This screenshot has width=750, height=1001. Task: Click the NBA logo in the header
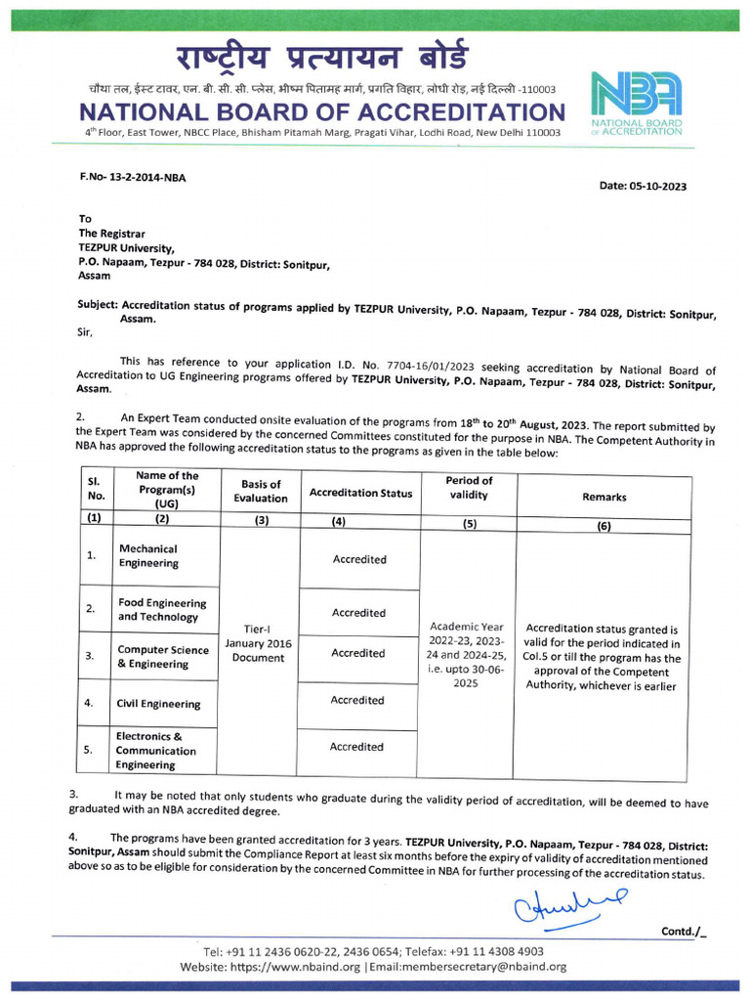(636, 98)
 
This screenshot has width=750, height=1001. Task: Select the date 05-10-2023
(643, 186)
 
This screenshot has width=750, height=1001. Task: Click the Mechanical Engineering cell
(148, 556)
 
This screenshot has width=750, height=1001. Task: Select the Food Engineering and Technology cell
(162, 610)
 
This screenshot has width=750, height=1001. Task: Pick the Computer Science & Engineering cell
(162, 657)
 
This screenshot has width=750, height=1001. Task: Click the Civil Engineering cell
(159, 704)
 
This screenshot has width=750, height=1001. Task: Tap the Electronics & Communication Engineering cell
(156, 751)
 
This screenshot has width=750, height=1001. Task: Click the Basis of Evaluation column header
(261, 491)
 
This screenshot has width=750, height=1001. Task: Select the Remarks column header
(604, 497)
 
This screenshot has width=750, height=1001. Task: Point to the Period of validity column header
(469, 488)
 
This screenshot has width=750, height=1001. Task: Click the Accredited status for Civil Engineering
(357, 700)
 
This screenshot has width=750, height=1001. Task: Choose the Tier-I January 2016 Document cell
(259, 643)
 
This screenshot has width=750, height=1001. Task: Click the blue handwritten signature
(569, 905)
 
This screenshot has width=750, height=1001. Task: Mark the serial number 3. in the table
(90, 656)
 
